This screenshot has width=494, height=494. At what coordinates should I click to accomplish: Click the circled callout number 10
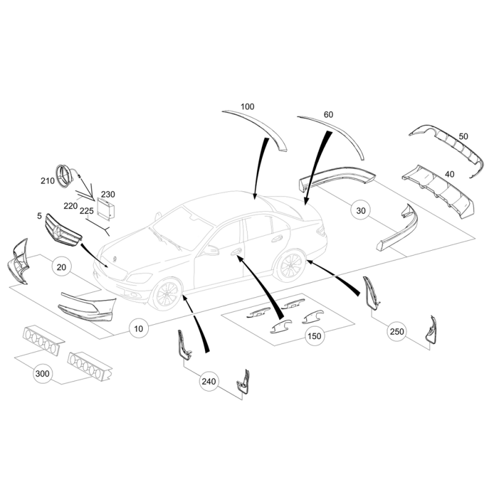point(138,329)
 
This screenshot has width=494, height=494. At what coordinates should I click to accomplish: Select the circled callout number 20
point(61,267)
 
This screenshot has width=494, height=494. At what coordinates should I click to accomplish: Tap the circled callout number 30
point(361,210)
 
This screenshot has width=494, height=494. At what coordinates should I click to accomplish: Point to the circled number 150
point(314,336)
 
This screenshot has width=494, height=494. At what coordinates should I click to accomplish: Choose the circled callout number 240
point(209,382)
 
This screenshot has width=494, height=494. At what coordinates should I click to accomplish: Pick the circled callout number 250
point(396,332)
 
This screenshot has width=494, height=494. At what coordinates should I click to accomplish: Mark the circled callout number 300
point(43,374)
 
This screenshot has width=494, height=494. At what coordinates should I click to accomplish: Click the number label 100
point(248,107)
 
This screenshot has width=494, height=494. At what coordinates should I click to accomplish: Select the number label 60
point(329,115)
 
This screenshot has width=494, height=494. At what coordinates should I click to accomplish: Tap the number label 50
point(463,136)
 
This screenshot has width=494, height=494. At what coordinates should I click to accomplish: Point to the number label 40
point(450,174)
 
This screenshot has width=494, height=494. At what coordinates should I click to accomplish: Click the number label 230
point(107,195)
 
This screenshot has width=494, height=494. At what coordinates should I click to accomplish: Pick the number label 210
point(48,181)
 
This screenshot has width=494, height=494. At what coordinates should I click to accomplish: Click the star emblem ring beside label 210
point(64,177)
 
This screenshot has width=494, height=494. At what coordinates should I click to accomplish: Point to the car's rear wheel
point(290,266)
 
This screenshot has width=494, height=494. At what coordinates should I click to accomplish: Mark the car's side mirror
point(210,251)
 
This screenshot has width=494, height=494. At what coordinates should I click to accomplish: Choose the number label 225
point(86,211)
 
